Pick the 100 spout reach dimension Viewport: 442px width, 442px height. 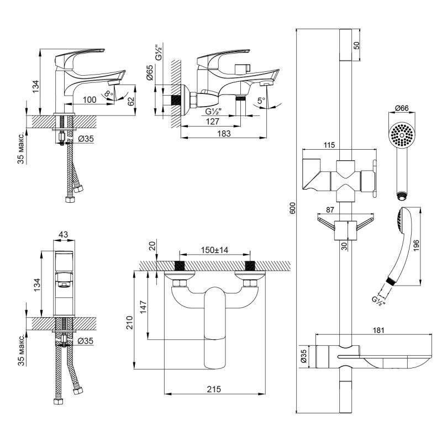89,99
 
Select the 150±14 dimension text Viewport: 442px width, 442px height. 215,250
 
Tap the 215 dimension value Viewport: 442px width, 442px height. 214,389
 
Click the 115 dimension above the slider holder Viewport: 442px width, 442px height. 329,145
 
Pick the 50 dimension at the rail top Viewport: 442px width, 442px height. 356,45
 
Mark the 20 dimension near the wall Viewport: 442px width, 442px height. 152,246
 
